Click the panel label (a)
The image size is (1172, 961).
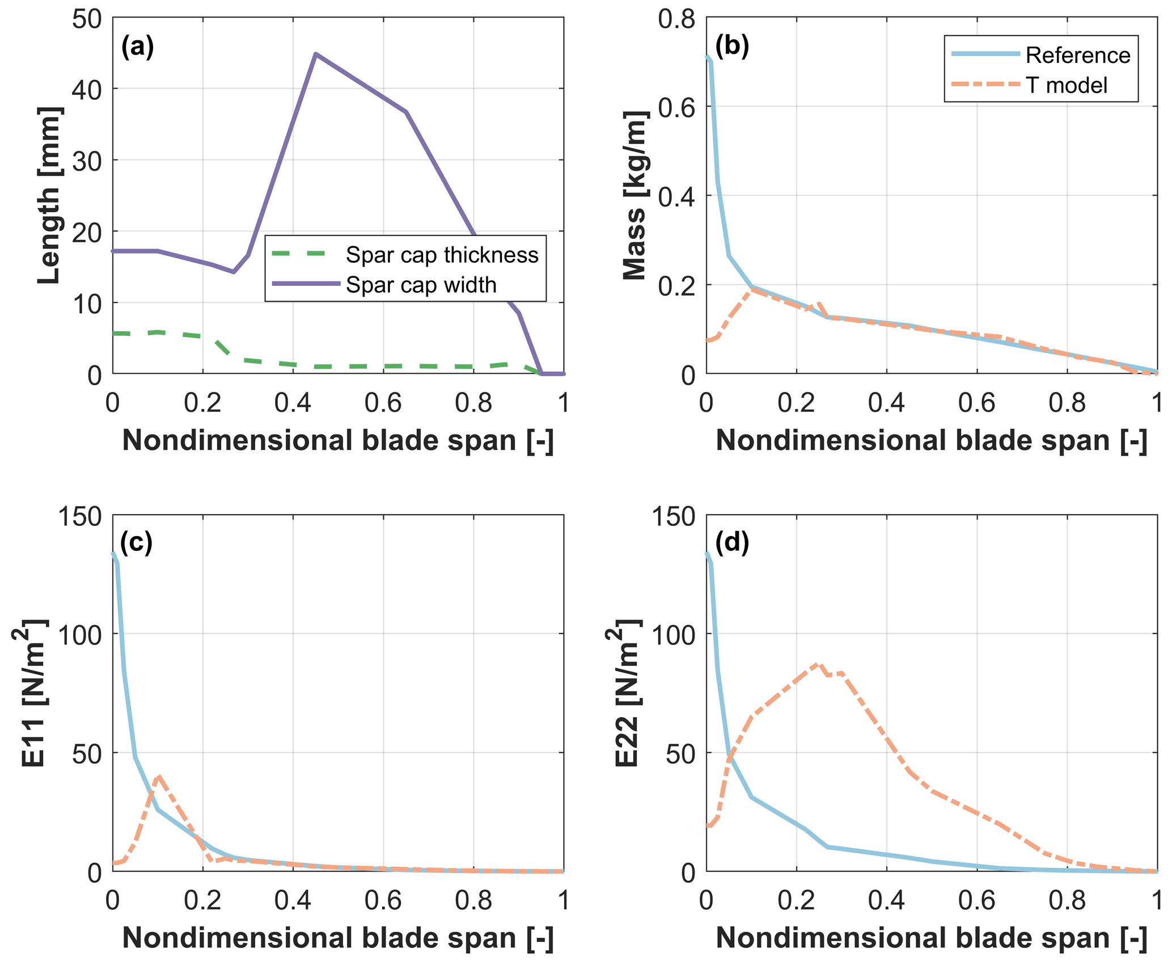(137, 47)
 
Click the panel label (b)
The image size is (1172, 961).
(732, 47)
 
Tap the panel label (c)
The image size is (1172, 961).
(136, 543)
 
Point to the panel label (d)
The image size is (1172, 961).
(732, 543)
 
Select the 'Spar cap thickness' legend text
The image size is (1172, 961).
(442, 255)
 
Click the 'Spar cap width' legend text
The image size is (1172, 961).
(421, 285)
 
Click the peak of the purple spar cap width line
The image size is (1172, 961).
(316, 54)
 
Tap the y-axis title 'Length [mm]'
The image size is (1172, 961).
(50, 195)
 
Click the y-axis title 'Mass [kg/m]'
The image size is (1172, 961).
(635, 195)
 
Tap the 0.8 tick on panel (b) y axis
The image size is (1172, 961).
(676, 18)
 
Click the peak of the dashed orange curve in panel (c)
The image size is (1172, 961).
(159, 775)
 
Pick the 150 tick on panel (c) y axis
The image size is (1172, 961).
(80, 516)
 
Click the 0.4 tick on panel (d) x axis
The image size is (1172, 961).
(886, 901)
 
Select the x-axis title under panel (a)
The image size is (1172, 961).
(337, 441)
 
